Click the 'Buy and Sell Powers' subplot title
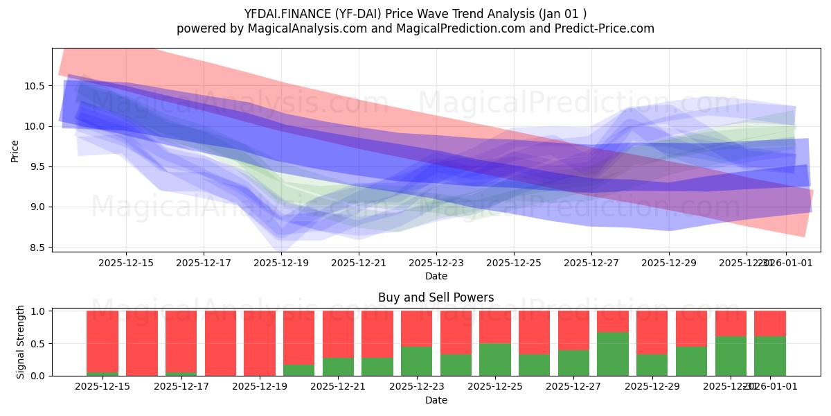(x=436, y=297)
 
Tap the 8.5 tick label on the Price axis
(x=39, y=248)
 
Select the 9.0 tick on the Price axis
(x=39, y=207)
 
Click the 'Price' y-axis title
(x=15, y=150)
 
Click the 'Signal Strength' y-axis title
(x=21, y=342)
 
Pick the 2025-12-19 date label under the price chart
(x=281, y=263)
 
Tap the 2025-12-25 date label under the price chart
(x=514, y=263)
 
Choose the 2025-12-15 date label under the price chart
(x=126, y=263)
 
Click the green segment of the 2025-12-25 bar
(x=494, y=360)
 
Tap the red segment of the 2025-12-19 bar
(x=259, y=343)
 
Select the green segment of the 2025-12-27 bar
(x=573, y=363)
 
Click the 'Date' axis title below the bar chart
(x=436, y=400)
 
